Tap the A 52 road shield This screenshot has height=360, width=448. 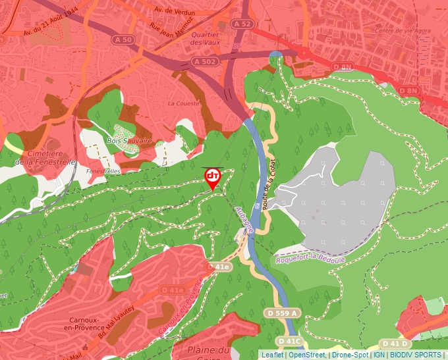pyautogui.click(x=242, y=24)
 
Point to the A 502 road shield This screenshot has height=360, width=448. pyautogui.click(x=204, y=61)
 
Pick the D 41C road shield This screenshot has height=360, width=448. pyautogui.click(x=289, y=341)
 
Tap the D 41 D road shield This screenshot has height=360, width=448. pyautogui.click(x=396, y=344)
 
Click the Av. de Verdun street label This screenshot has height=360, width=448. pyautogui.click(x=177, y=10)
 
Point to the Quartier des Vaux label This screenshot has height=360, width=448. pyautogui.click(x=205, y=38)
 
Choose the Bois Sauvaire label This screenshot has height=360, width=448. pyautogui.click(x=129, y=141)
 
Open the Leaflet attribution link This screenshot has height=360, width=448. pyautogui.click(x=272, y=355)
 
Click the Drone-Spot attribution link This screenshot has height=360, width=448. pyautogui.click(x=350, y=355)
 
